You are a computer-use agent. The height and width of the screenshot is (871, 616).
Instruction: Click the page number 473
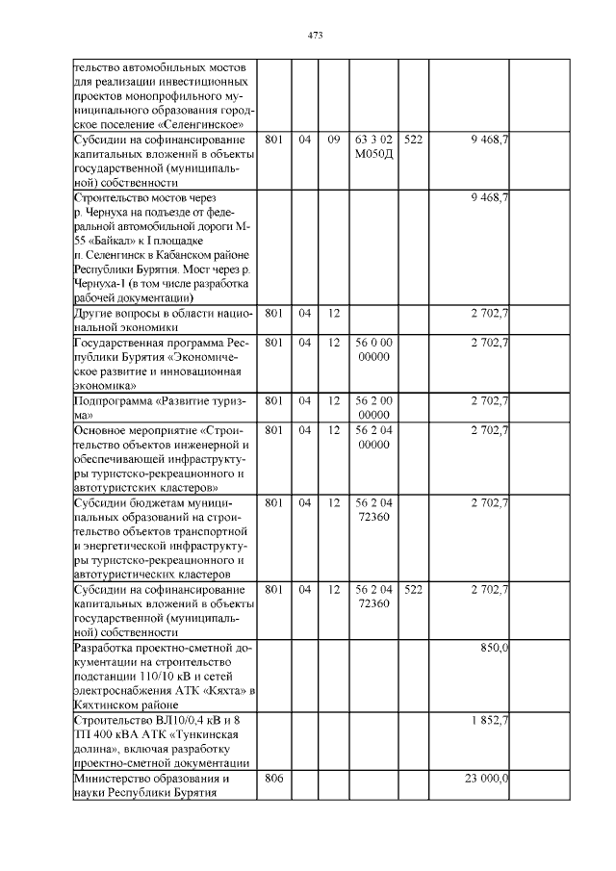click(314, 36)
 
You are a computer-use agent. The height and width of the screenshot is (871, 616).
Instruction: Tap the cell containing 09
click(334, 141)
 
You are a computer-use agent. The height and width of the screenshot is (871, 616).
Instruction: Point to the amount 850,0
click(494, 649)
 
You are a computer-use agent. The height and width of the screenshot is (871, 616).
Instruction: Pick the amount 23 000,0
click(486, 778)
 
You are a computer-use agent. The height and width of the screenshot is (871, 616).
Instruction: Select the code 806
click(273, 778)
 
